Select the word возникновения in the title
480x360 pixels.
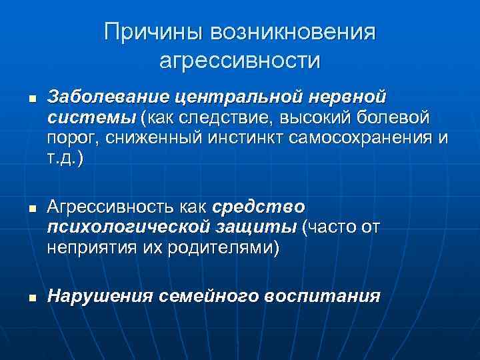(x=293, y=33)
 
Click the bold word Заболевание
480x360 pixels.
(x=108, y=97)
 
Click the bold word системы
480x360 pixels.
(x=90, y=117)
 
